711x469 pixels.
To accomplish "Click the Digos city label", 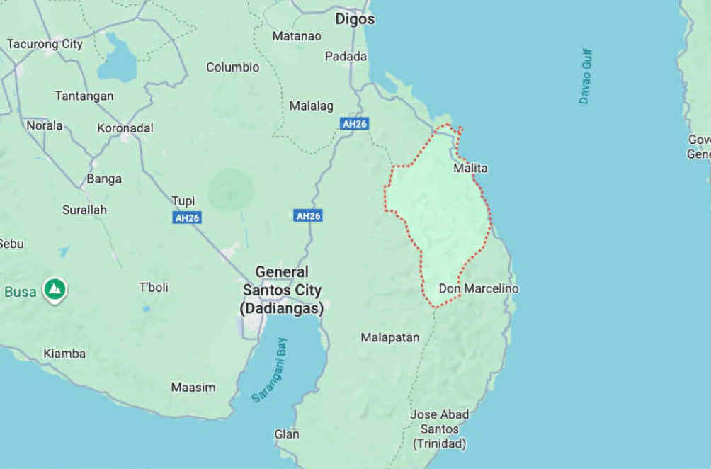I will pyautogui.click(x=355, y=19).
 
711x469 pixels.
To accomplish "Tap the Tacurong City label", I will pyautogui.click(x=45, y=44).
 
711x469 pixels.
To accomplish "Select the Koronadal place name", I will pyautogui.click(x=125, y=128).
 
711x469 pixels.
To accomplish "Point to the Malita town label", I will pyautogui.click(x=470, y=169).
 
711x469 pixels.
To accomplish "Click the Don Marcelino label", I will pyautogui.click(x=479, y=288).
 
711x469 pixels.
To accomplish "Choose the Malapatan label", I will pyautogui.click(x=389, y=337).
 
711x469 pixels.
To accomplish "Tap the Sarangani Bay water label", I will pyautogui.click(x=271, y=371).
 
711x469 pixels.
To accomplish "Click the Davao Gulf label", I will pyautogui.click(x=585, y=77).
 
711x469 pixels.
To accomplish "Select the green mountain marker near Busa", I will pyautogui.click(x=55, y=289).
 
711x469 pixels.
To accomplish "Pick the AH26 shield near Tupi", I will pyautogui.click(x=187, y=217).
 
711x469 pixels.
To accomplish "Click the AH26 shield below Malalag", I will pyautogui.click(x=354, y=123).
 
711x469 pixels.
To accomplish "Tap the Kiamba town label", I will pyautogui.click(x=64, y=354).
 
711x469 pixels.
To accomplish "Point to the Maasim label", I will pyautogui.click(x=193, y=388).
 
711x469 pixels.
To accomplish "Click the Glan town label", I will pyautogui.click(x=287, y=434).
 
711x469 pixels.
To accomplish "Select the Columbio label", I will pyautogui.click(x=232, y=67).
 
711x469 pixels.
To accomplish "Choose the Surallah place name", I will pyautogui.click(x=84, y=210).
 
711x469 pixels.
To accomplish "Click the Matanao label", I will pyautogui.click(x=297, y=35).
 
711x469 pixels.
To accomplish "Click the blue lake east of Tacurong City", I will pyautogui.click(x=117, y=60).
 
